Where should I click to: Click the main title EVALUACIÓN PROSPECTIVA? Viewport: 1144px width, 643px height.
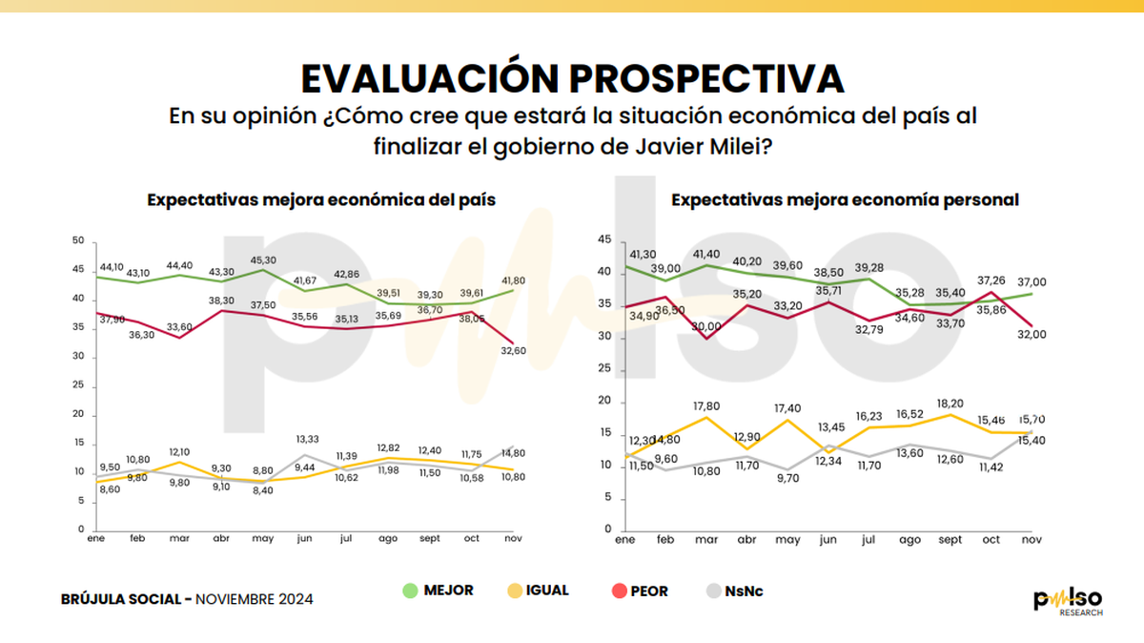(572, 77)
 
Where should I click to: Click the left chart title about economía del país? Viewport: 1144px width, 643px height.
(320, 200)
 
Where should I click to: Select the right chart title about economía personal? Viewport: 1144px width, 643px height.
(846, 200)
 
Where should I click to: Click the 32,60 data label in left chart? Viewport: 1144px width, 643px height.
(516, 351)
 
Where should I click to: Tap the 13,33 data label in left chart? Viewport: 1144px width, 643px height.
(305, 439)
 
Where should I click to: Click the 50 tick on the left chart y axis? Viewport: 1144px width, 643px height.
(77, 240)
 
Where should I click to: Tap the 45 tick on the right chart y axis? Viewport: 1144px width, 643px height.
(602, 239)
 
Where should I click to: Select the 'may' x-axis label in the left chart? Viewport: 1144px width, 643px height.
(262, 539)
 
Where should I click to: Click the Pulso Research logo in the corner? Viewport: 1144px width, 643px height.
(1070, 601)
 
